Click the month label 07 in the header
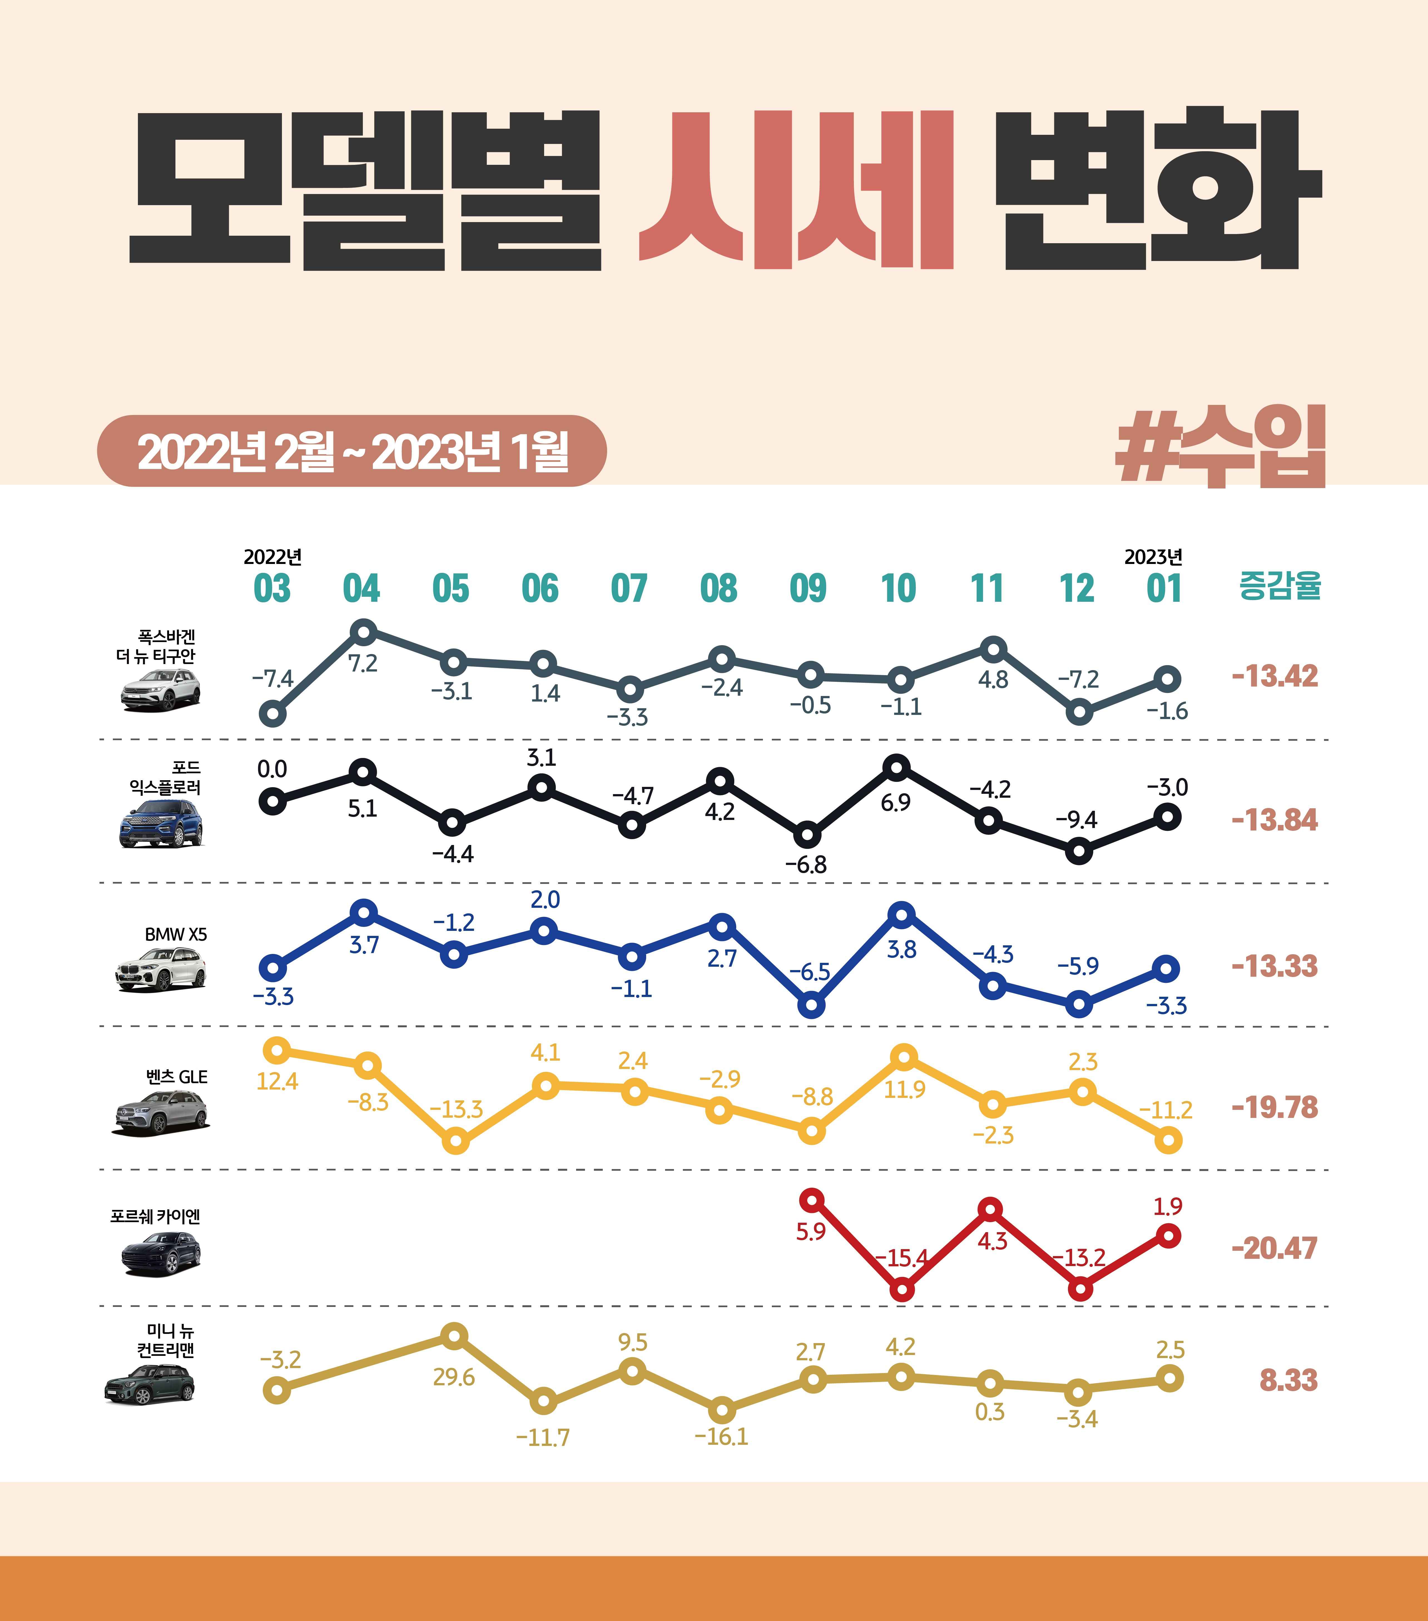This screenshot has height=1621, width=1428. pyautogui.click(x=629, y=588)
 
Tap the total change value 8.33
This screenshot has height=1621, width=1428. pyautogui.click(x=1288, y=1380)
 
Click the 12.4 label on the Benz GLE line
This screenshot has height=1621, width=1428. pyautogui.click(x=277, y=1081)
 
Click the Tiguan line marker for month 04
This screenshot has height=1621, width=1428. pyautogui.click(x=363, y=632)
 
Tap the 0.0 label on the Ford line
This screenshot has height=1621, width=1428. pyautogui.click(x=272, y=769)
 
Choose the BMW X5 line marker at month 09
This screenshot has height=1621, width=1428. pyautogui.click(x=811, y=1006)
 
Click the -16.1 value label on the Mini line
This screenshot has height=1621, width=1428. pyautogui.click(x=721, y=1436)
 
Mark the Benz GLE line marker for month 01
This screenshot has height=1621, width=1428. pyautogui.click(x=1169, y=1140)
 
